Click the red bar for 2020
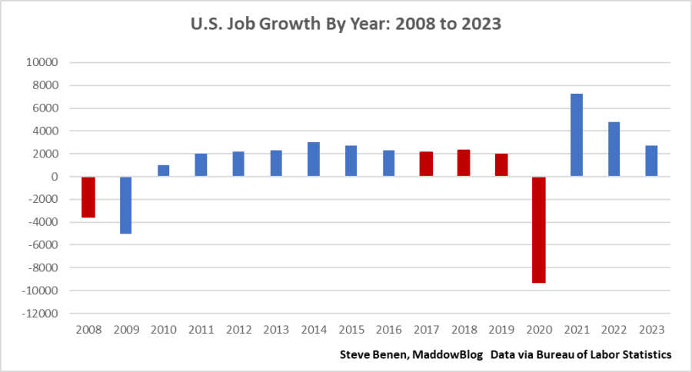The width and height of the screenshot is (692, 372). (x=538, y=230)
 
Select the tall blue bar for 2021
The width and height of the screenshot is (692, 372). (x=576, y=135)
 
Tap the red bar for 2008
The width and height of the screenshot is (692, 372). (x=88, y=198)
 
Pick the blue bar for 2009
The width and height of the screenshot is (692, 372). (x=125, y=205)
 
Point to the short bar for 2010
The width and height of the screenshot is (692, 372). (x=163, y=171)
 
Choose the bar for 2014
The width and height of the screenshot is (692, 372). (x=313, y=160)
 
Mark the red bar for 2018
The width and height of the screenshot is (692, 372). (x=464, y=164)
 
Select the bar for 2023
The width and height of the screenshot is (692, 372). (x=651, y=161)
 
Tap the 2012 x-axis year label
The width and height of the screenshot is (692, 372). (x=238, y=329)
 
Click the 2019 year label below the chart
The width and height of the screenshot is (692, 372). (x=501, y=329)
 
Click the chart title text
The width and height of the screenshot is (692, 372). (x=346, y=24)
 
